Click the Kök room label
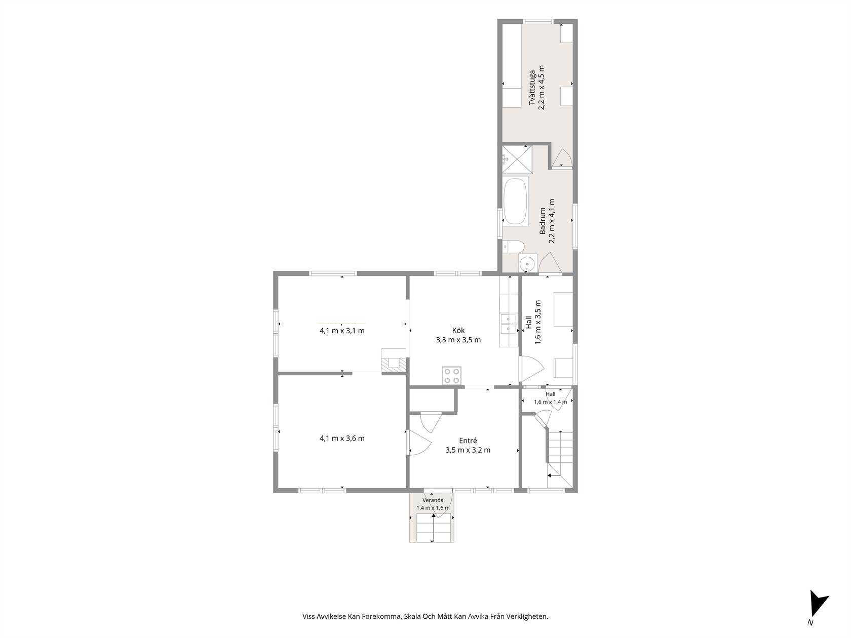pyautogui.click(x=458, y=331)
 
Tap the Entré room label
pyautogui.click(x=468, y=441)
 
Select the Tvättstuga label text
pyautogui.click(x=532, y=87)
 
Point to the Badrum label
pyautogui.click(x=543, y=221)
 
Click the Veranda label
pyautogui.click(x=433, y=500)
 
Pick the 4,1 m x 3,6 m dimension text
pyautogui.click(x=342, y=438)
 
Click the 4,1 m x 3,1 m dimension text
pyautogui.click(x=342, y=331)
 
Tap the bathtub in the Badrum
pyautogui.click(x=515, y=201)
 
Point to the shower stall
pyautogui.click(x=518, y=159)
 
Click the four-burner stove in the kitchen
pyautogui.click(x=452, y=375)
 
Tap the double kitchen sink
pyautogui.click(x=509, y=324)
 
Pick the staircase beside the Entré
pyautogui.click(x=560, y=460)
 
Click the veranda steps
pyautogui.click(x=434, y=528)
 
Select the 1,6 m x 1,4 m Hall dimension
pyautogui.click(x=551, y=402)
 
